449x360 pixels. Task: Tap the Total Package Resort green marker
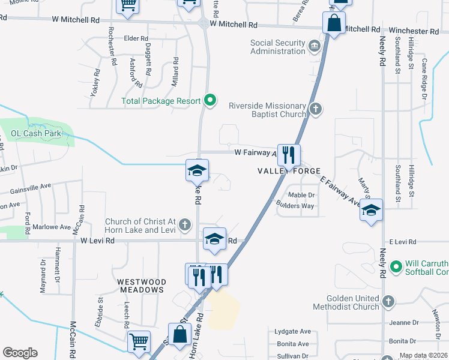(x=209, y=101)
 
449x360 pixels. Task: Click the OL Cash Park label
(x=35, y=133)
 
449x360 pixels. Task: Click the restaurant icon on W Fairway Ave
(x=289, y=155)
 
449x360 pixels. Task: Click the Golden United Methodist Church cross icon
(x=388, y=301)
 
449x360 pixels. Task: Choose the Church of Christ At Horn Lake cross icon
(x=185, y=226)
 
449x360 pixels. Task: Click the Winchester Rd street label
(x=414, y=30)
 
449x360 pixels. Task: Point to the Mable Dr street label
(x=301, y=195)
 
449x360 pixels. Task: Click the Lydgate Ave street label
(x=292, y=331)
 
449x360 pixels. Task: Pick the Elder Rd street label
(x=136, y=39)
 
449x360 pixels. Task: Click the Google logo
(x=20, y=353)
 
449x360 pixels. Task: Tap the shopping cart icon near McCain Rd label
(x=139, y=341)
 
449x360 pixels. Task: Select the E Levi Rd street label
(x=402, y=241)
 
